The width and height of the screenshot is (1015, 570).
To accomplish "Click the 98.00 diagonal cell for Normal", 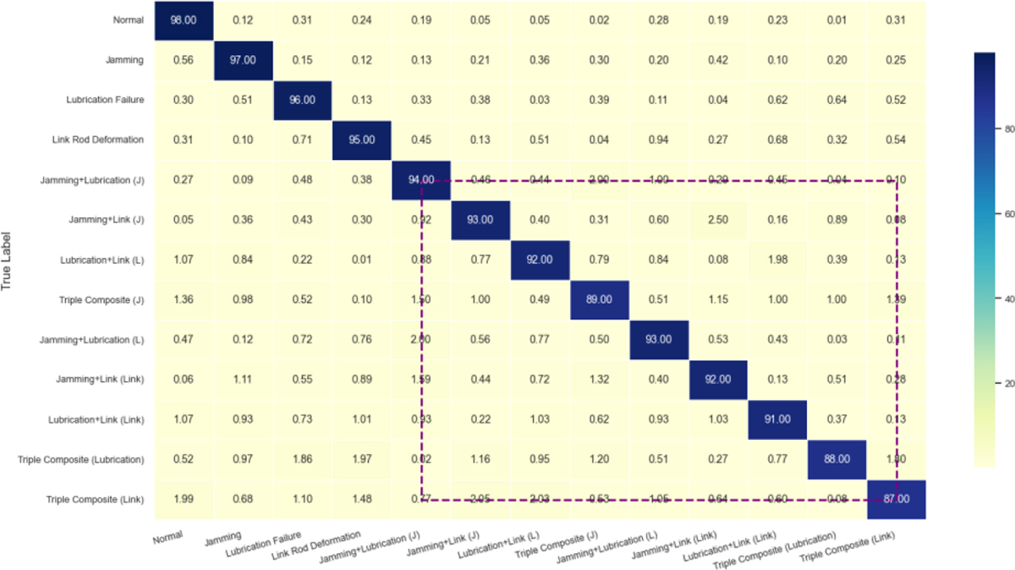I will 183,20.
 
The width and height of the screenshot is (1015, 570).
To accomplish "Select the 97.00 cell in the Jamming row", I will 242,59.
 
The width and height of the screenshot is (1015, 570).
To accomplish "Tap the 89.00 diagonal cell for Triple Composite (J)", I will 598,299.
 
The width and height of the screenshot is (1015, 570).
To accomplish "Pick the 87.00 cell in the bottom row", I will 897,499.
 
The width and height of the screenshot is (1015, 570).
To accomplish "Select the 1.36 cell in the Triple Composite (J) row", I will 183,299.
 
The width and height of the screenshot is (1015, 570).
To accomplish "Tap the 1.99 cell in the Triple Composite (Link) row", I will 183,499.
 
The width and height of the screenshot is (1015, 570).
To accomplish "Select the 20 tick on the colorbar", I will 1007,384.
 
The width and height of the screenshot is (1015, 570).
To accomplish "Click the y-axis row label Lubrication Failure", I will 104,100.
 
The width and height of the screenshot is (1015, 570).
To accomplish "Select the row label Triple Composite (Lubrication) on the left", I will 81,459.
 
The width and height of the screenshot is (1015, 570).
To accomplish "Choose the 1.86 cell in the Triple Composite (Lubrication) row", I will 302,459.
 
